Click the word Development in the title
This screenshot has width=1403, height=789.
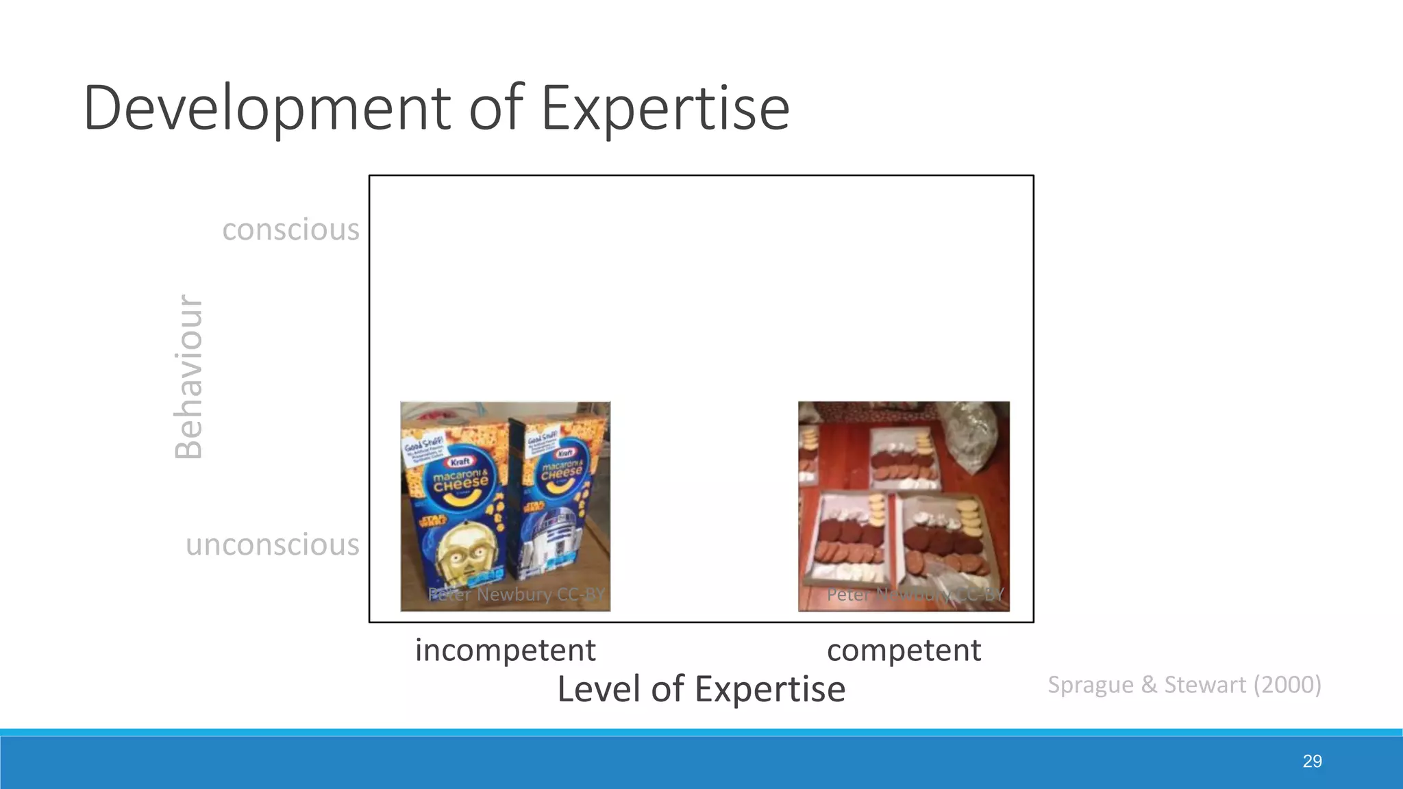tap(267, 108)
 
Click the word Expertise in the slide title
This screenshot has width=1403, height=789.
tap(665, 108)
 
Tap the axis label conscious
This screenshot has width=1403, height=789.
tap(290, 229)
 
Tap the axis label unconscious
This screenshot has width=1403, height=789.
tap(272, 544)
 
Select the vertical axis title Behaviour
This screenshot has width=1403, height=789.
tap(188, 376)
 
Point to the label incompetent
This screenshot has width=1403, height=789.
tap(505, 649)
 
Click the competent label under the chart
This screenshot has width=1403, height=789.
tap(904, 649)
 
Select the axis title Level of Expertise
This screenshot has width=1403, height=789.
tap(701, 688)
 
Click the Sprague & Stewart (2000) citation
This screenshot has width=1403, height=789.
tap(1184, 684)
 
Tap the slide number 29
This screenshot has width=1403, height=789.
tap(1312, 761)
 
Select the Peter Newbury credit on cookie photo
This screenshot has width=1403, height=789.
tap(915, 594)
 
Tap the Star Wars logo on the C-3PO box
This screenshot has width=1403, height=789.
tap(433, 522)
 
